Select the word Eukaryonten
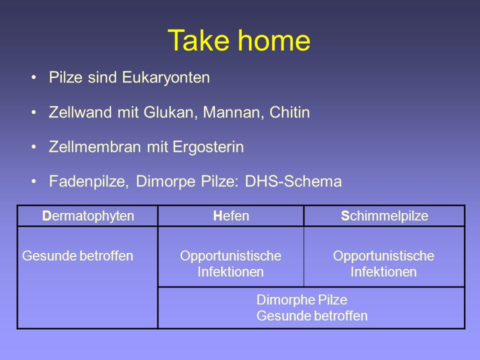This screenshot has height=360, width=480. coord(166,78)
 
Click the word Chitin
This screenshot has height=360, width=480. coord(289,112)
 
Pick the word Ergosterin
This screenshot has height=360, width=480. coord(208,147)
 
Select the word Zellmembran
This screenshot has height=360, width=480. coord(94,146)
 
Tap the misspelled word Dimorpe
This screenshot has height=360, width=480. coord(165,181)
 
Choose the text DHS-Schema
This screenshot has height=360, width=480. coord(293,181)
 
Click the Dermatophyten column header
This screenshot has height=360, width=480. coord(88,216)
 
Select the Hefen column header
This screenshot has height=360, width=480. coord(231,216)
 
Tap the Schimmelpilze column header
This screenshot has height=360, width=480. coord(384,216)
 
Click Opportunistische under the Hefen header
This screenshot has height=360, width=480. coord(230,256)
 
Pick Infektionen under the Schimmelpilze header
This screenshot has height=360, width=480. coord(383,272)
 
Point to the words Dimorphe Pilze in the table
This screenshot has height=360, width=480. coord(302,300)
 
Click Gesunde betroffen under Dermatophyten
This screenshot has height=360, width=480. coord(77,256)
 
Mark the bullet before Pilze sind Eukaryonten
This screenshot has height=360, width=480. coord(33,77)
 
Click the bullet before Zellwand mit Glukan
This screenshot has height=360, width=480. coord(33,112)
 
